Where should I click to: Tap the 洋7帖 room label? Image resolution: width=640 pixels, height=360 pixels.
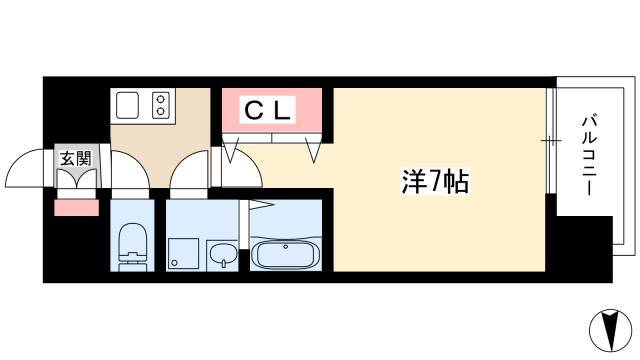pyautogui.click(x=435, y=181)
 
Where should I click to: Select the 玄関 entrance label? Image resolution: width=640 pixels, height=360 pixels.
pyautogui.click(x=76, y=158)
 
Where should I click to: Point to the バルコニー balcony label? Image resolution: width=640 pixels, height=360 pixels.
pyautogui.click(x=589, y=155)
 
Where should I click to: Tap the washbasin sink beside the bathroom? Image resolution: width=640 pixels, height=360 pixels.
pyautogui.click(x=222, y=255)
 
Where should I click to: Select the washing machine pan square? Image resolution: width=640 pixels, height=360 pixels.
pyautogui.click(x=183, y=253)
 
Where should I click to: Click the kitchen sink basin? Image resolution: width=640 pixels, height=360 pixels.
pyautogui.click(x=127, y=105)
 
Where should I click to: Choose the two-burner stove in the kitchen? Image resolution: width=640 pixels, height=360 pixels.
pyautogui.click(x=160, y=105)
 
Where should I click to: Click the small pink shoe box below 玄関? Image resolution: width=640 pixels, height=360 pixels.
pyautogui.click(x=76, y=207)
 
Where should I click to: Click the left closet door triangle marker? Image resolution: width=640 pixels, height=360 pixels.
pyautogui.click(x=231, y=150)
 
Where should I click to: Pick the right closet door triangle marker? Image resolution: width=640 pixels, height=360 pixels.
pyautogui.click(x=313, y=150)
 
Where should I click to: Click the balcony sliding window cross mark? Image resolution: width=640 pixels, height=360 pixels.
pyautogui.click(x=551, y=141)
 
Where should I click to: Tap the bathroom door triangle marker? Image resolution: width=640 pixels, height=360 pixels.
pyautogui.click(x=261, y=204)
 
